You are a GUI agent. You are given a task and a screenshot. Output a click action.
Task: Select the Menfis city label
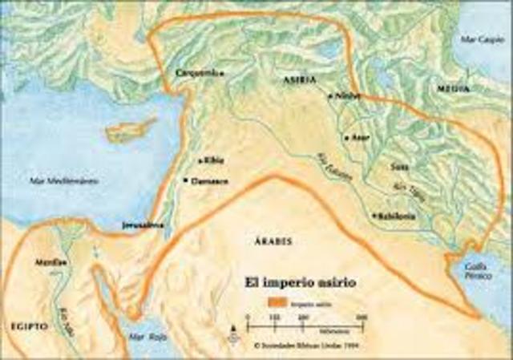pyautogui.click(x=45, y=262)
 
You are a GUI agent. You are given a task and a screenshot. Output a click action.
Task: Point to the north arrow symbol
pyautogui.click(x=232, y=325)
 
